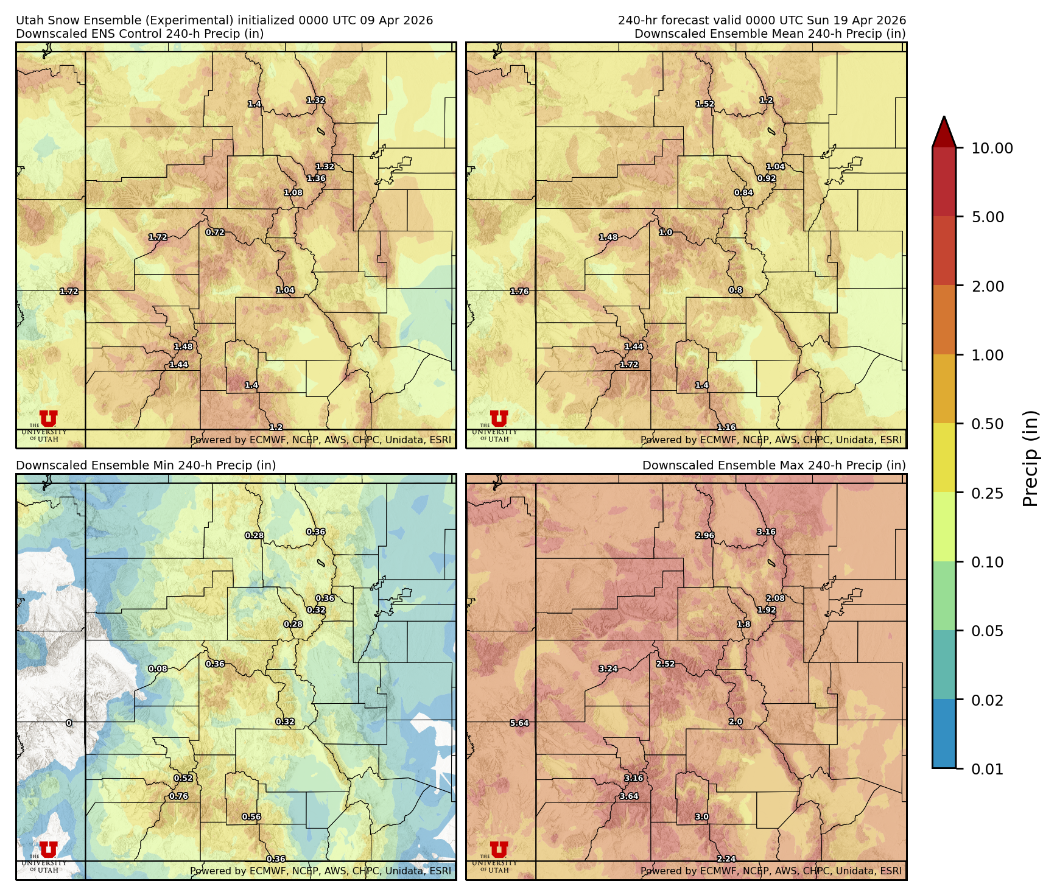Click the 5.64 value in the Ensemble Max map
pyautogui.click(x=519, y=723)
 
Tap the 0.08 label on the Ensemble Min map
pyautogui.click(x=158, y=669)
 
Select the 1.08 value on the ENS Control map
pyautogui.click(x=293, y=193)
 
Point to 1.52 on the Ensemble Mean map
pyautogui.click(x=705, y=104)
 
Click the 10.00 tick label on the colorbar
pyautogui.click(x=992, y=149)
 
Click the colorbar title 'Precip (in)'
pyautogui.click(x=1030, y=458)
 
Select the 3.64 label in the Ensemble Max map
pyautogui.click(x=629, y=796)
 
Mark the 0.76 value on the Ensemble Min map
pyautogui.click(x=178, y=796)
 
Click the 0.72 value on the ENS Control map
pyautogui.click(x=215, y=233)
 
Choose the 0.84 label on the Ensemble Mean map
pyautogui.click(x=743, y=193)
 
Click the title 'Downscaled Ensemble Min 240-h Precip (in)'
pyautogui.click(x=146, y=466)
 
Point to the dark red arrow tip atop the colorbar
pyautogui.click(x=944, y=130)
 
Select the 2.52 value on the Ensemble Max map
pyautogui.click(x=665, y=664)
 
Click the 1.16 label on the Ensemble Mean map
pyautogui.click(x=726, y=428)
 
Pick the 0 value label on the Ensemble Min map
pyautogui.click(x=69, y=723)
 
